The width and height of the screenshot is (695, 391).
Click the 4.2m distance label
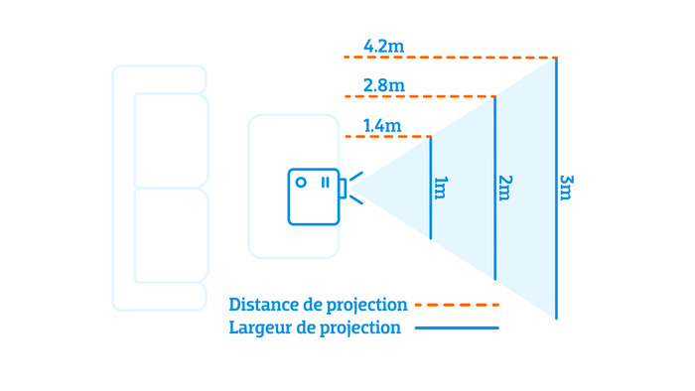[x=384, y=46]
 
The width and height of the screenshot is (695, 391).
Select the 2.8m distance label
[x=384, y=85]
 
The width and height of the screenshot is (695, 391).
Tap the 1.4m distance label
[x=382, y=126]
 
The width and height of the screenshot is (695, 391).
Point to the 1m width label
[x=441, y=188]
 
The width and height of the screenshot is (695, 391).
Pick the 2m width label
[x=505, y=188]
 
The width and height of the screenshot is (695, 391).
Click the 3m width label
[x=567, y=188]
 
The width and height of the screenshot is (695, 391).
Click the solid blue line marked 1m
[x=430, y=188]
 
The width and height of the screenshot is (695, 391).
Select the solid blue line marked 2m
[x=495, y=188]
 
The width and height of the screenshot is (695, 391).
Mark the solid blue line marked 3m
[x=556, y=188]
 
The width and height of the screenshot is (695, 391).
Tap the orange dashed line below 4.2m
[x=451, y=58]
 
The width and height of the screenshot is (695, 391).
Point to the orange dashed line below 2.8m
[x=420, y=96]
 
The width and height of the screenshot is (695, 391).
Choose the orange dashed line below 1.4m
[x=388, y=136]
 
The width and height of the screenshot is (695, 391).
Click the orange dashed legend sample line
[x=457, y=305]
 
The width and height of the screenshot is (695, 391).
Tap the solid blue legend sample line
[x=457, y=328]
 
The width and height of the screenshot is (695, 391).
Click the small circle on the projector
[x=301, y=182]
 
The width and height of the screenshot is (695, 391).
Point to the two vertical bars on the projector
[x=326, y=183]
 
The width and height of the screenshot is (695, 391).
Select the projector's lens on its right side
[x=343, y=189]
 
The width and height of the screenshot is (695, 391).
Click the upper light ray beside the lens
[x=356, y=177]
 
